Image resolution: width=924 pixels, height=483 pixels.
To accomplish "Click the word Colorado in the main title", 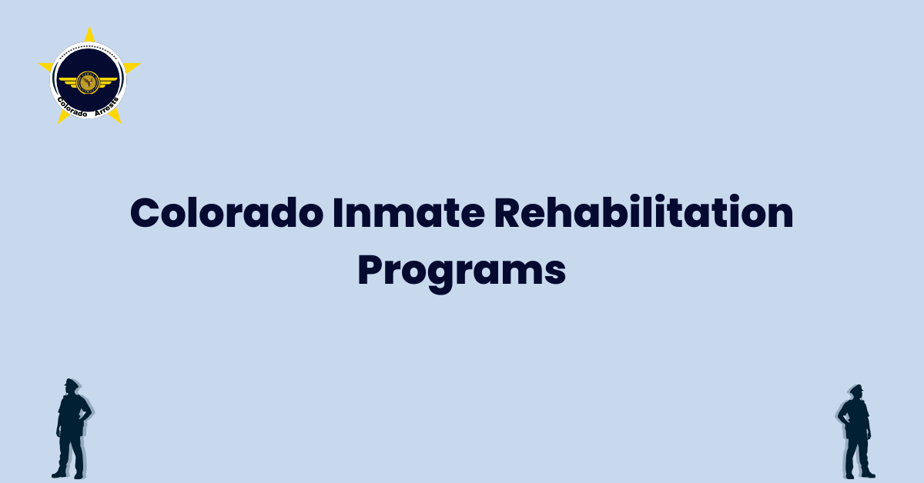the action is (226, 212).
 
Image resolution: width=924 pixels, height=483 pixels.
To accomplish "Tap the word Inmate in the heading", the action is (409, 212).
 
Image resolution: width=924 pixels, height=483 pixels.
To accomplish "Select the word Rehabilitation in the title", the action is (644, 212).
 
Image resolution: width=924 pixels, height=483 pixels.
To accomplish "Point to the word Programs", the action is (461, 271).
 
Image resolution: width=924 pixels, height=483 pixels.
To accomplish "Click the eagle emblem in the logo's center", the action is (88, 82).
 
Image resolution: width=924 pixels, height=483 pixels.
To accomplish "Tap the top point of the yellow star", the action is (89, 27).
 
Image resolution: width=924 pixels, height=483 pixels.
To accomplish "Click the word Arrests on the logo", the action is (107, 107).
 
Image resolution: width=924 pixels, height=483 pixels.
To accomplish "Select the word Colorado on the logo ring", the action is (71, 108).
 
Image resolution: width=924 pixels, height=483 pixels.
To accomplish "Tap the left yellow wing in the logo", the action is (68, 82).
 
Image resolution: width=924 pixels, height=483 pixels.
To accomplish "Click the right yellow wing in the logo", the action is (108, 82).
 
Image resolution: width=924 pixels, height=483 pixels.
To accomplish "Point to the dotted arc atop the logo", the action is (89, 48).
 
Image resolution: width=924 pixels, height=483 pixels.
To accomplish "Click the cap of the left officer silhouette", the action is (71, 382).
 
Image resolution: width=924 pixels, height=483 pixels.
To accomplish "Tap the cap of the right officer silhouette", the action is (857, 388).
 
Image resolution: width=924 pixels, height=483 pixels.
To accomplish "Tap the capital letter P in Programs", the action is (368, 270).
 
